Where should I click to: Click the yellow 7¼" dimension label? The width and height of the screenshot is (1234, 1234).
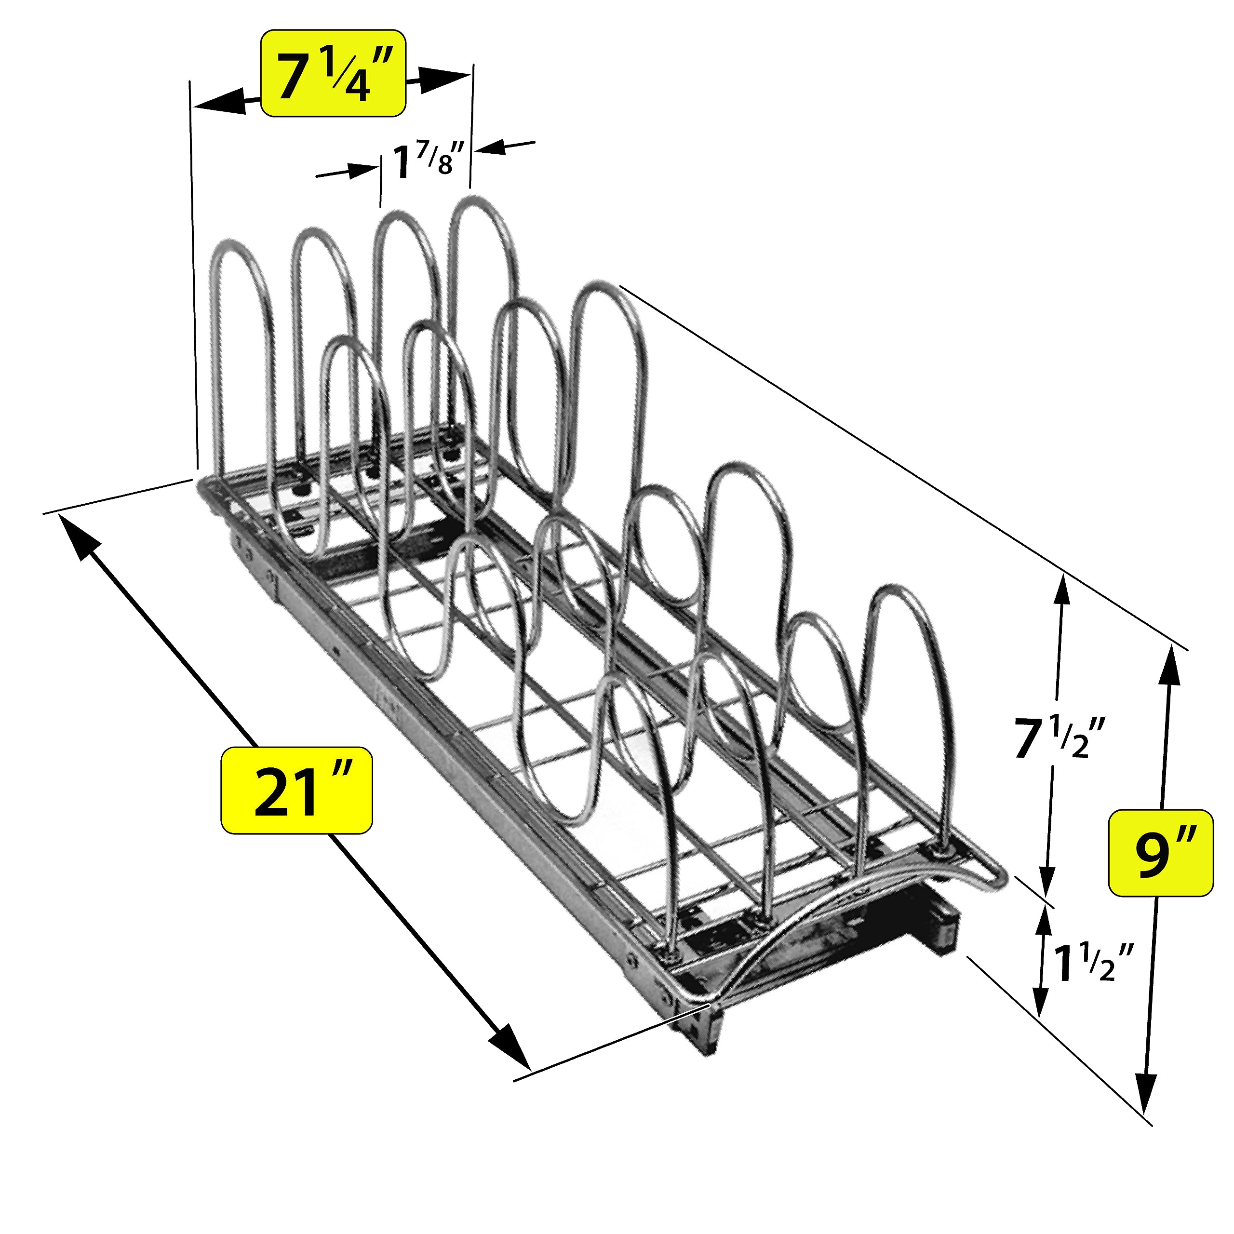(x=334, y=73)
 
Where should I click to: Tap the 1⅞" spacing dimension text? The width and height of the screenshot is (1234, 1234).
(x=424, y=161)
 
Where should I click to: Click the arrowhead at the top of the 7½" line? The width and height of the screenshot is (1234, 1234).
(x=1061, y=591)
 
